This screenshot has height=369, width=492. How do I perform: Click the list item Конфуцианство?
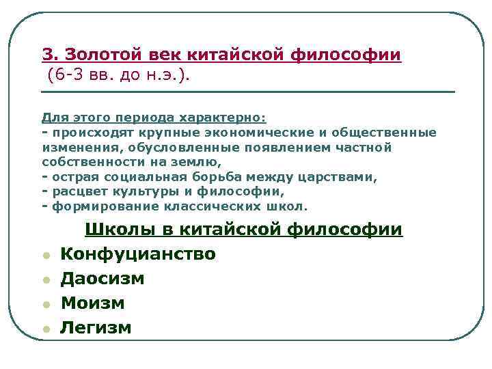pos(138,254)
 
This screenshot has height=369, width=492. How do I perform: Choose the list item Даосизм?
pos(102,279)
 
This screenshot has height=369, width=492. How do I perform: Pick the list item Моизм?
pos(92,303)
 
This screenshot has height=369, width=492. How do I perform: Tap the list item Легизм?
pos(96,328)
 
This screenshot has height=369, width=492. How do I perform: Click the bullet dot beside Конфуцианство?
pos(45,256)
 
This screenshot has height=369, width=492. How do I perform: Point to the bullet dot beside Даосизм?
pos(45,281)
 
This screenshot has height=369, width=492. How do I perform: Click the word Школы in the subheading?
pos(118,230)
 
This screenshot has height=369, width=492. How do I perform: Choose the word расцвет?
pos(78,191)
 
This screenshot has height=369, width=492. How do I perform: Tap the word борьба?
pos(219,176)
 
